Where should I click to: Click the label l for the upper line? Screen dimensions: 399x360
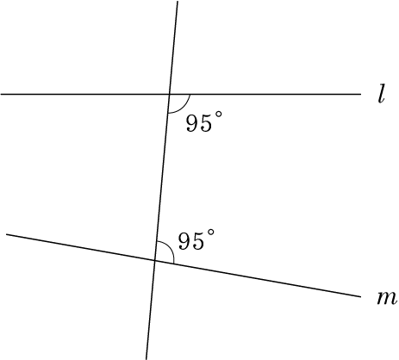(381, 94)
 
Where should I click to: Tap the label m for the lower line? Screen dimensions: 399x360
(387, 298)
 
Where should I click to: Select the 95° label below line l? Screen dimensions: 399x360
(204, 122)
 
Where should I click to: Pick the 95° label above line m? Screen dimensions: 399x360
(196, 239)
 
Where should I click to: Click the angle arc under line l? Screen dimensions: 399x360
(184, 108)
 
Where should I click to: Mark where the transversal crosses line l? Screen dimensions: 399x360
(170, 94)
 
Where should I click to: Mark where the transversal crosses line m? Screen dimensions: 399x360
(155, 260)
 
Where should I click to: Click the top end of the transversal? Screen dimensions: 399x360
(178, 1)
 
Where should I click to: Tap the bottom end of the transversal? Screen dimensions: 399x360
(147, 359)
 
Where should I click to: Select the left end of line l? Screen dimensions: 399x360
(1, 94)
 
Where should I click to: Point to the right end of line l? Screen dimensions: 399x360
(361, 94)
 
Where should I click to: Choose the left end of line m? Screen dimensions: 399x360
(6, 234)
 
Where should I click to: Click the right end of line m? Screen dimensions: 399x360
(360, 296)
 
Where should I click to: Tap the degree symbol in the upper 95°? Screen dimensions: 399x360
(219, 115)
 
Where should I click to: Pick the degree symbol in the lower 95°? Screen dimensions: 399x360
(211, 233)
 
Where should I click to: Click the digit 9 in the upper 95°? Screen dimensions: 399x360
(192, 123)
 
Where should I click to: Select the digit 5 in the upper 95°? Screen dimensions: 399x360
(206, 123)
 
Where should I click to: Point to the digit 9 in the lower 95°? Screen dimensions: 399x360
(184, 240)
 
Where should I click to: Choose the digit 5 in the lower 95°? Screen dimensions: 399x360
(198, 240)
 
